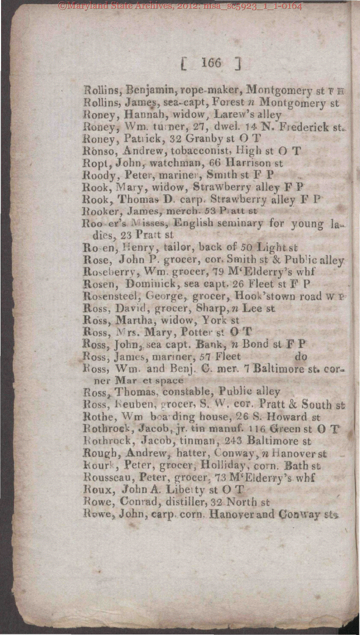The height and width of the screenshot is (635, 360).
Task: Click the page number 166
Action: (x=211, y=63)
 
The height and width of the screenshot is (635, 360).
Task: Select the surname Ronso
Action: (x=98, y=151)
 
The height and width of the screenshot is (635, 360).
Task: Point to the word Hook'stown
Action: (x=259, y=296)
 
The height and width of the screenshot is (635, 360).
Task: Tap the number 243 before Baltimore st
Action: (x=233, y=441)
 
